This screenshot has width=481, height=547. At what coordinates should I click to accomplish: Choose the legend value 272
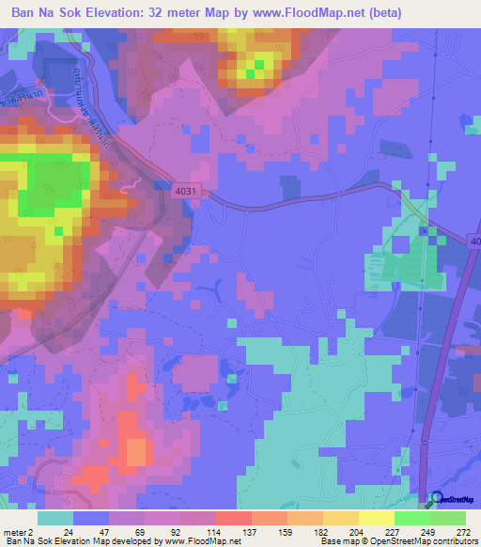(x=462, y=531)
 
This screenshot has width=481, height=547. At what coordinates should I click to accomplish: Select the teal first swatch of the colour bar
(x=55, y=518)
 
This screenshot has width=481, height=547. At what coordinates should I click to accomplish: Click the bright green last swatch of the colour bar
(x=448, y=518)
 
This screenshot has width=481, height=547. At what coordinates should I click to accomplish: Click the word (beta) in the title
(x=384, y=13)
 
